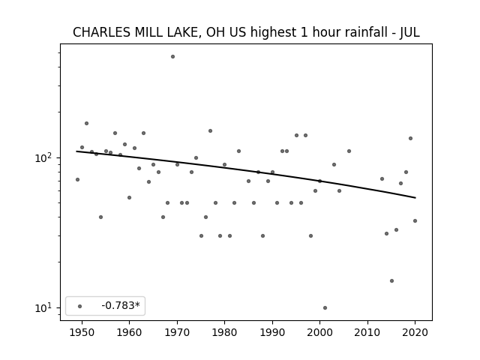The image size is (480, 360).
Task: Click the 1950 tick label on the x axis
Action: [x=82, y=332]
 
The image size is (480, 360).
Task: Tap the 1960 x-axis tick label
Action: [x=129, y=332]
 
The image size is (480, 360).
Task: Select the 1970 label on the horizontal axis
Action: [x=177, y=332]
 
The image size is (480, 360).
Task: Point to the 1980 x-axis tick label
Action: [x=224, y=332]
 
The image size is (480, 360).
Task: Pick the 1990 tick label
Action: [x=272, y=332]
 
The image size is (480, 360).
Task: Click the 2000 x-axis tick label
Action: [x=320, y=332]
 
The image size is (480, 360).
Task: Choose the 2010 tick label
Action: [x=367, y=332]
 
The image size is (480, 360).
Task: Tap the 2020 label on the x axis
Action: [x=415, y=332]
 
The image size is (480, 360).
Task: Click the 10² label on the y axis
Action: [x=44, y=157]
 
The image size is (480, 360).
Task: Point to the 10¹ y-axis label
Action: [x=44, y=307]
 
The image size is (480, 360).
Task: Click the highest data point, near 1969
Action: [x=172, y=57]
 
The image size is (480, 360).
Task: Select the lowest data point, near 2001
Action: [x=325, y=307]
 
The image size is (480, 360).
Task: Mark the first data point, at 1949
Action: [x=77, y=179]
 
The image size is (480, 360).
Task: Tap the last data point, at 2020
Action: [x=415, y=220]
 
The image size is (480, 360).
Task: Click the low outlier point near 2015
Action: [x=391, y=280]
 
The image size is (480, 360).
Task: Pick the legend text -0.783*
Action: [x=121, y=305]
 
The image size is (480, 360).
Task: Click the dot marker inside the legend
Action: [x=79, y=306]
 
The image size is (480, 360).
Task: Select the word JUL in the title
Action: [x=409, y=32]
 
